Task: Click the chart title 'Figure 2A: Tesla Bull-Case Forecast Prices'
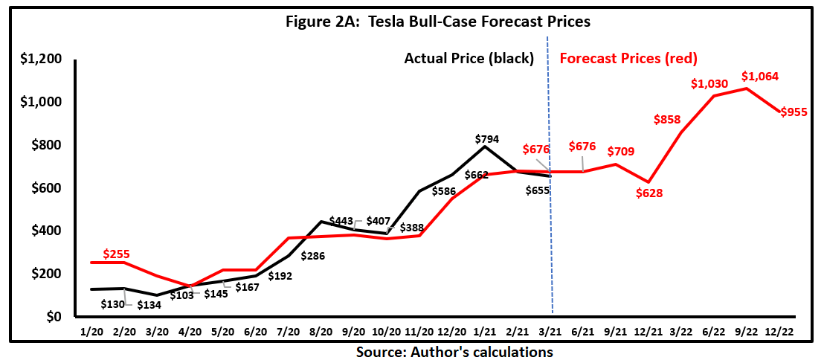[438, 22]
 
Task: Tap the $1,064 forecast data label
[760, 76]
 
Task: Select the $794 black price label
[487, 138]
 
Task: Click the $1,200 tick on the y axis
[42, 59]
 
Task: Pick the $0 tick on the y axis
[52, 318]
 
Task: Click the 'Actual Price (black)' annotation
[469, 58]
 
